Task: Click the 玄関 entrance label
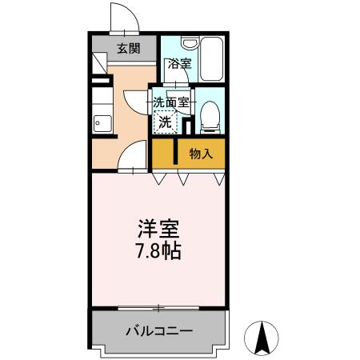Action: coord(129,48)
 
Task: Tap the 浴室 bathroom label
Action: coord(178,63)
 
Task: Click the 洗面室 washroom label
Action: coord(171,102)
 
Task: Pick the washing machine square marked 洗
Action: coord(164,123)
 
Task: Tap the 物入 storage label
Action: coord(201,154)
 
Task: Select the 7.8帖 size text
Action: coord(158,251)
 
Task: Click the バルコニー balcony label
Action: coord(158,330)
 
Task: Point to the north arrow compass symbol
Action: coord(262,337)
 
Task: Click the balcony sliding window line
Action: coord(158,308)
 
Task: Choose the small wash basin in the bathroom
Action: coord(190,44)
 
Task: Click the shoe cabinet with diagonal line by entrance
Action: coord(98,63)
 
